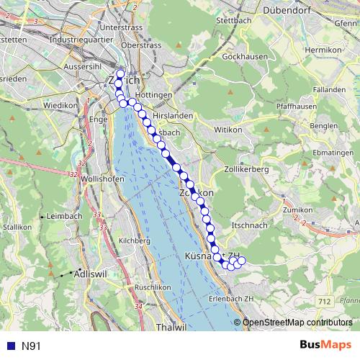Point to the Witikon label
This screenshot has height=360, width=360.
(230, 130)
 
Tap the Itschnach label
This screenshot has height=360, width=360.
(250, 226)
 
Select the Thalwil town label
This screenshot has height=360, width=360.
(171, 327)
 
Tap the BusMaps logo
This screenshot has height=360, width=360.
(325, 346)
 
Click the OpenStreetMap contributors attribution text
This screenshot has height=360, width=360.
(298, 322)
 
